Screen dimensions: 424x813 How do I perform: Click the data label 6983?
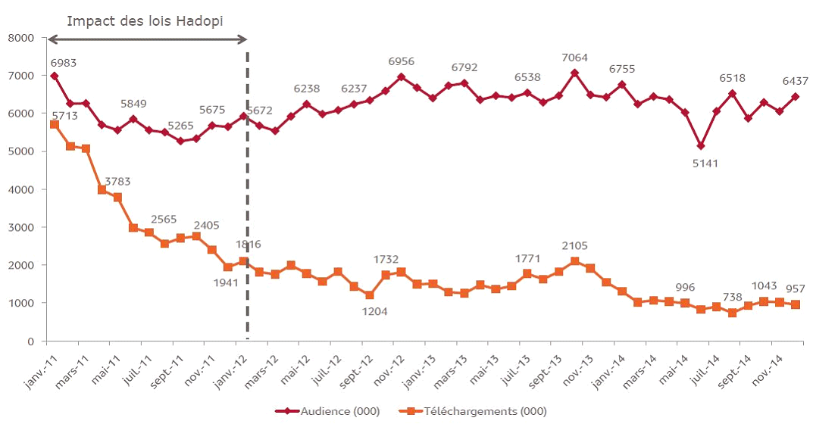[64, 63]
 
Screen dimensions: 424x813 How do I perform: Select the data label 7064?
[574, 58]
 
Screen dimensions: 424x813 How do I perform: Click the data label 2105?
[574, 246]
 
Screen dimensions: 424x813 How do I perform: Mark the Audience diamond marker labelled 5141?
[701, 145]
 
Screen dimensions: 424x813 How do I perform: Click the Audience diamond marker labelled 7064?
[574, 73]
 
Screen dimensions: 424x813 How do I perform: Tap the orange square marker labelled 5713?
[54, 124]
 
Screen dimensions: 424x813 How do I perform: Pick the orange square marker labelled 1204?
[370, 295]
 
